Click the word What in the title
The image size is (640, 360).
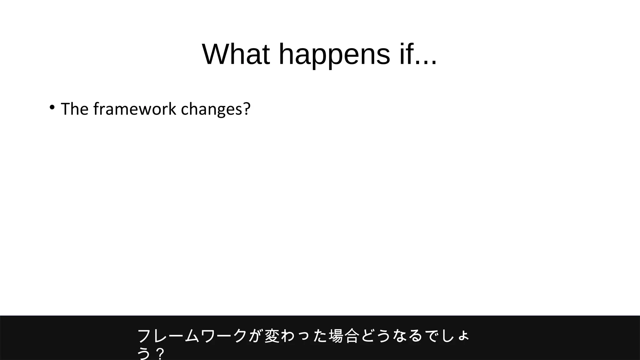pyautogui.click(x=236, y=54)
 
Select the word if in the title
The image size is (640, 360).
pyautogui.click(x=407, y=54)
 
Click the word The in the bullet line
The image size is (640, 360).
pyautogui.click(x=74, y=109)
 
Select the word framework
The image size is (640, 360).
pyautogui.click(x=135, y=109)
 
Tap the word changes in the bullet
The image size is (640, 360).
pyautogui.click(x=211, y=109)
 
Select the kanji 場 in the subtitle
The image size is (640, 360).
pyautogui.click(x=336, y=336)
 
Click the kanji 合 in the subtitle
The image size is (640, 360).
pyautogui.click(x=352, y=336)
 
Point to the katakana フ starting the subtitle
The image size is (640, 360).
pyautogui.click(x=145, y=336)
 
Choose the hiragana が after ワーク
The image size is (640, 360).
pyautogui.click(x=256, y=336)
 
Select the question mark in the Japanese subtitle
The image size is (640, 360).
pyautogui.click(x=160, y=354)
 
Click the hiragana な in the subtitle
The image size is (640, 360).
pyautogui.click(x=400, y=336)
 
